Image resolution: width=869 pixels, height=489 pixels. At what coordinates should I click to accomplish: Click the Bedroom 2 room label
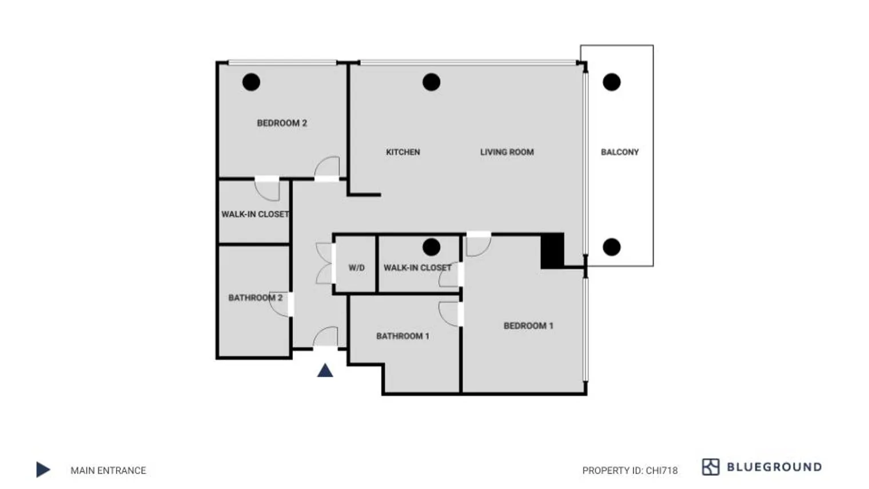pos(282,123)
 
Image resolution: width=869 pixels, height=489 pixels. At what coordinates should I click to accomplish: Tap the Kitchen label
pos(403,152)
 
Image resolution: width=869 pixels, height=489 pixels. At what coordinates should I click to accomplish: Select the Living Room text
pos(507,152)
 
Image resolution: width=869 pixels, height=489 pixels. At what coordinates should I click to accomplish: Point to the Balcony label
pos(620,152)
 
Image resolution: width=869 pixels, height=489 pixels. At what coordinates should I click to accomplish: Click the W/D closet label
pos(357,268)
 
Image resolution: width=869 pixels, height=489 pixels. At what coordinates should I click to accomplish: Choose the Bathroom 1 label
pos(402,336)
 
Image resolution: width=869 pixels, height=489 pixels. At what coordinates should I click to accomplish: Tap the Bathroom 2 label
pos(255,298)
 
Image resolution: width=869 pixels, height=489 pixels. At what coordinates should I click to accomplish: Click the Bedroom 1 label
pos(528,326)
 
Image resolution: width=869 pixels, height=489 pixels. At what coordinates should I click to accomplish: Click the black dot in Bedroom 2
pos(251,82)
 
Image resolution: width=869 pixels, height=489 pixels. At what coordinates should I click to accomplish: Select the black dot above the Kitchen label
pos(431,82)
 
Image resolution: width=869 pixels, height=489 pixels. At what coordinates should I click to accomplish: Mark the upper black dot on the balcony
pos(612,82)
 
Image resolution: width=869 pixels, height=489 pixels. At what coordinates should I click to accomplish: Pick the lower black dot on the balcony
pos(612,247)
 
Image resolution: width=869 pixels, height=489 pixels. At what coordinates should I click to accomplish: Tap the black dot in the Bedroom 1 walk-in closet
pos(431,247)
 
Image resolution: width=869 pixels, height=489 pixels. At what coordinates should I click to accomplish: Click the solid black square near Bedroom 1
pos(552,251)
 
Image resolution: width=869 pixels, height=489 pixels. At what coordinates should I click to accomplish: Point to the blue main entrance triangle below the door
pos(325,371)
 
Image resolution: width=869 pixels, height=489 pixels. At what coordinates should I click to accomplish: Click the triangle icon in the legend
pos(43,470)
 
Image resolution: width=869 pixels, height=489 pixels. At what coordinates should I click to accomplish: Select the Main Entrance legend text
pos(109,471)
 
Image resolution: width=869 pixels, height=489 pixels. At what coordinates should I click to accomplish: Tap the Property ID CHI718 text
pos(630,471)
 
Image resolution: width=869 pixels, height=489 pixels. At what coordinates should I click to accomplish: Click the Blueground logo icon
pos(711,467)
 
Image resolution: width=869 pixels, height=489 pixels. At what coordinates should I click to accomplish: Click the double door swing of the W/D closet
pos(324,264)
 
